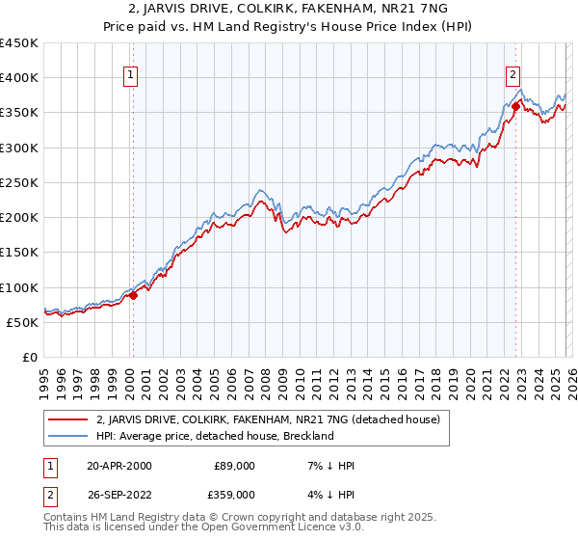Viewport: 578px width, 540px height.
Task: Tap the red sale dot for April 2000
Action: (x=134, y=296)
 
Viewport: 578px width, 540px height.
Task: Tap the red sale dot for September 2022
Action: (x=516, y=107)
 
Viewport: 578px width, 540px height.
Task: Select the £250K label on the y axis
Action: (x=19, y=182)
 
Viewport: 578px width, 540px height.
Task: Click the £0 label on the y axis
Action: (x=29, y=357)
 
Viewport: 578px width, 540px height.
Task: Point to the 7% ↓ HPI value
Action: (x=328, y=466)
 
